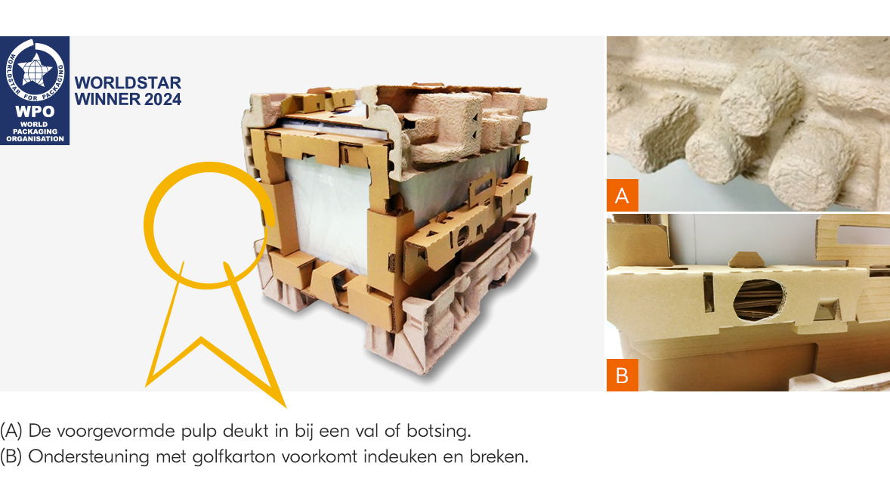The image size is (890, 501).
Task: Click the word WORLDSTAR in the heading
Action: tap(128, 83)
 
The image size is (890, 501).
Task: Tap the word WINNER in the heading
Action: tap(108, 100)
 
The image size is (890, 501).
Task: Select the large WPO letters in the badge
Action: tap(35, 111)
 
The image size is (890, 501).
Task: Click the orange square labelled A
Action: tap(622, 196)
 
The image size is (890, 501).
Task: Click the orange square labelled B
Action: tap(622, 375)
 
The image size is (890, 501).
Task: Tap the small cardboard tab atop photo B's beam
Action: tap(745, 260)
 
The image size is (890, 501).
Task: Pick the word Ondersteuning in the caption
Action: tap(88, 456)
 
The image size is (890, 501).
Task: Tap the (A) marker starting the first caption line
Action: tap(11, 431)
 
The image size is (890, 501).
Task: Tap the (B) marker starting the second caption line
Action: tap(11, 456)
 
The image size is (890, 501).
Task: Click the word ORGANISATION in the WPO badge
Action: tap(36, 138)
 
